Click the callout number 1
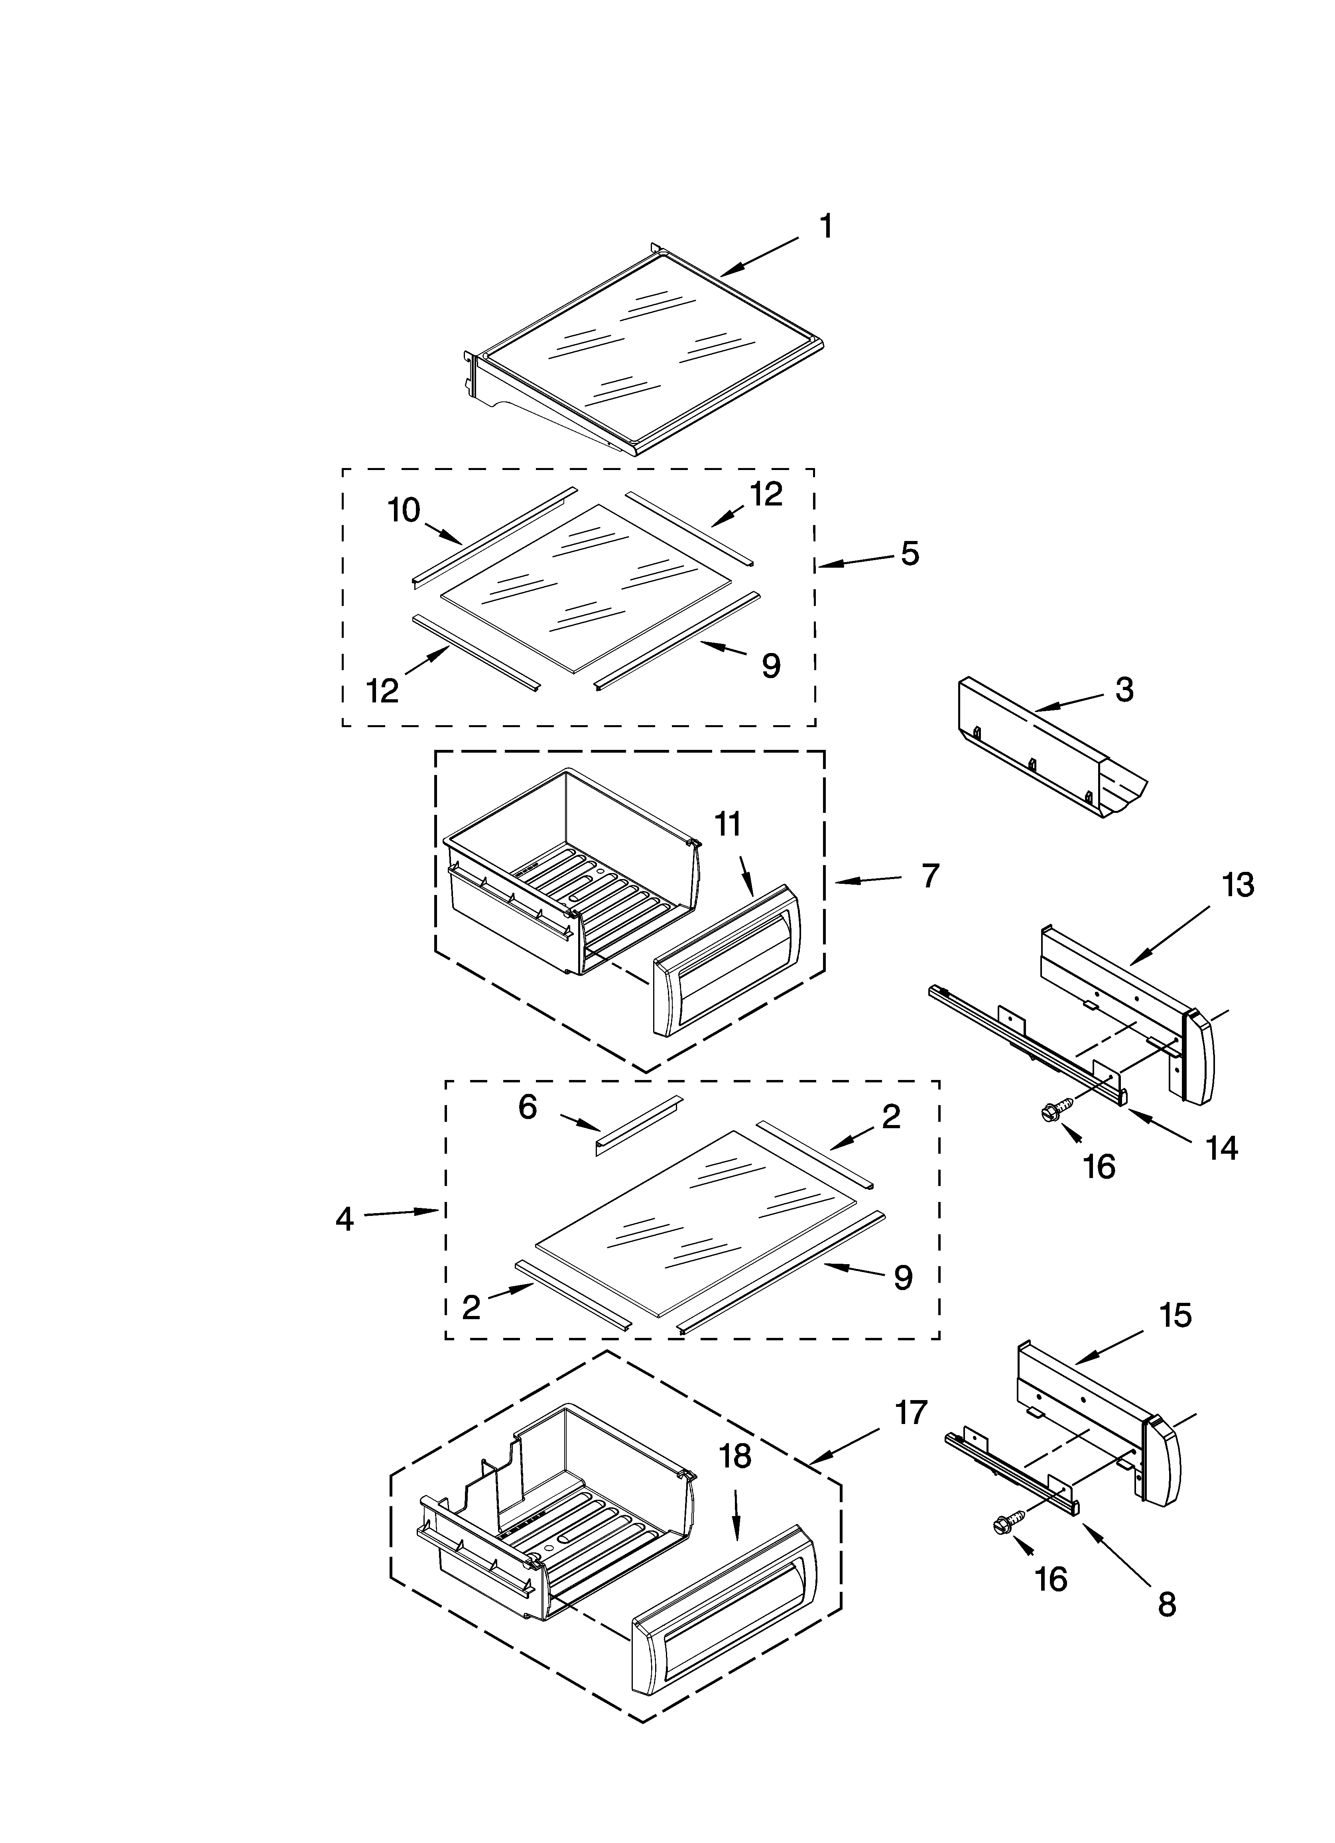tap(825, 227)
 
